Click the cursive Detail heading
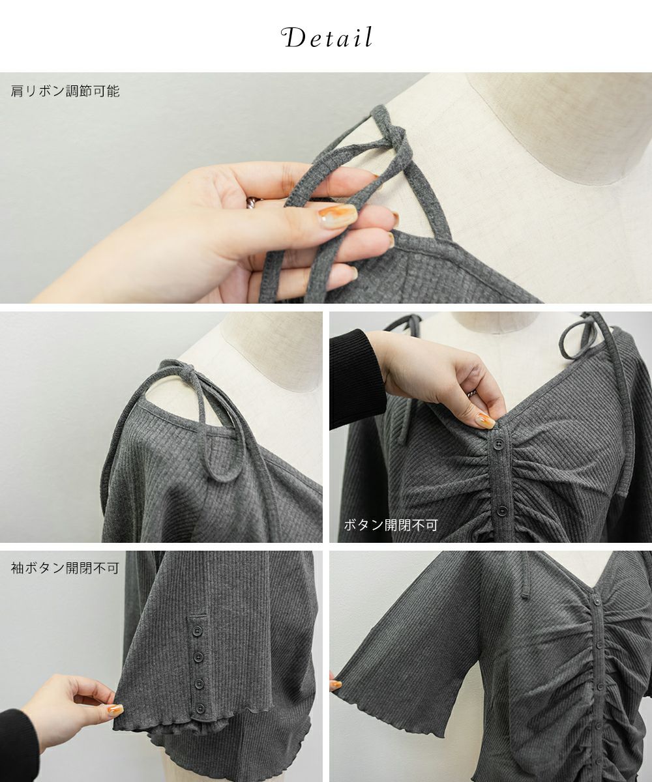[327, 37]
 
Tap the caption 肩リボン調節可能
[65, 91]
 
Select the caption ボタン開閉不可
[391, 525]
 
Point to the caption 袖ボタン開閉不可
[65, 568]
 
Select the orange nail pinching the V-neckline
[486, 420]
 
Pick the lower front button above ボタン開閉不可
[502, 510]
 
